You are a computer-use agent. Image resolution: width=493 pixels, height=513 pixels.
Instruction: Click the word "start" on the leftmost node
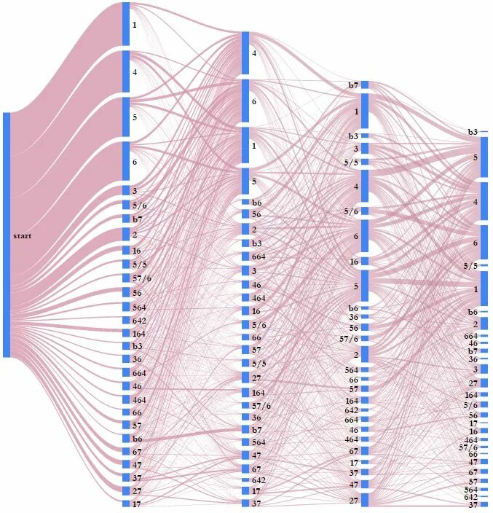point(22,236)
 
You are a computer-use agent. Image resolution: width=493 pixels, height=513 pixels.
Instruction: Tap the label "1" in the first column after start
point(134,26)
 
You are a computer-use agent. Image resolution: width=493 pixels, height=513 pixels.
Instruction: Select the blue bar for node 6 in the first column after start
point(126,161)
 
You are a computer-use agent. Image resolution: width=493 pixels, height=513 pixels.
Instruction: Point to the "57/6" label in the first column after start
point(142,278)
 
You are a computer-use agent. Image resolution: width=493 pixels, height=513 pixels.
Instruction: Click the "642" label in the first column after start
point(139,321)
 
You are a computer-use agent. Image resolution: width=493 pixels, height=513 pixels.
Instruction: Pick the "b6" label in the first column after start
point(137,439)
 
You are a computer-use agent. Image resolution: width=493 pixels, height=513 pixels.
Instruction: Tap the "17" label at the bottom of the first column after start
point(137,504)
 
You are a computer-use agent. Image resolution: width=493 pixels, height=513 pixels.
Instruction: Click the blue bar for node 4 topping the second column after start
point(246,52)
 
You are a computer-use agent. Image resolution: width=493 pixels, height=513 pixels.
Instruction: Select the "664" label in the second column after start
point(259,256)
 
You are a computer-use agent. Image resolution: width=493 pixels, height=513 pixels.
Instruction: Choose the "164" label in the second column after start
point(259,393)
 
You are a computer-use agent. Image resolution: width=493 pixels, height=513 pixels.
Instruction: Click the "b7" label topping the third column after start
point(353,85)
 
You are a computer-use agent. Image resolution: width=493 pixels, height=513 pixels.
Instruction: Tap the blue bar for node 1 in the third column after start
point(365,111)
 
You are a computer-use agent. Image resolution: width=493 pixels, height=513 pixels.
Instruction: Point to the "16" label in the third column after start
point(354,262)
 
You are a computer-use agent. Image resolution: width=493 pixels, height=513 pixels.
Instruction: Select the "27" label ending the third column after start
point(354,500)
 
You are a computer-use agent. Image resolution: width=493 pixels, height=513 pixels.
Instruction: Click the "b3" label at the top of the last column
point(473,132)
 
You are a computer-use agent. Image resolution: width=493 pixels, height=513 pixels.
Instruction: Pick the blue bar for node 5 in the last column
point(484,157)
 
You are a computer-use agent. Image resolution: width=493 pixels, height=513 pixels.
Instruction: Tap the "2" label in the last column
point(476,324)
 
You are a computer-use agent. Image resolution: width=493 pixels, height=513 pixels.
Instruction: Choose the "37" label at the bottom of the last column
point(473,505)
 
